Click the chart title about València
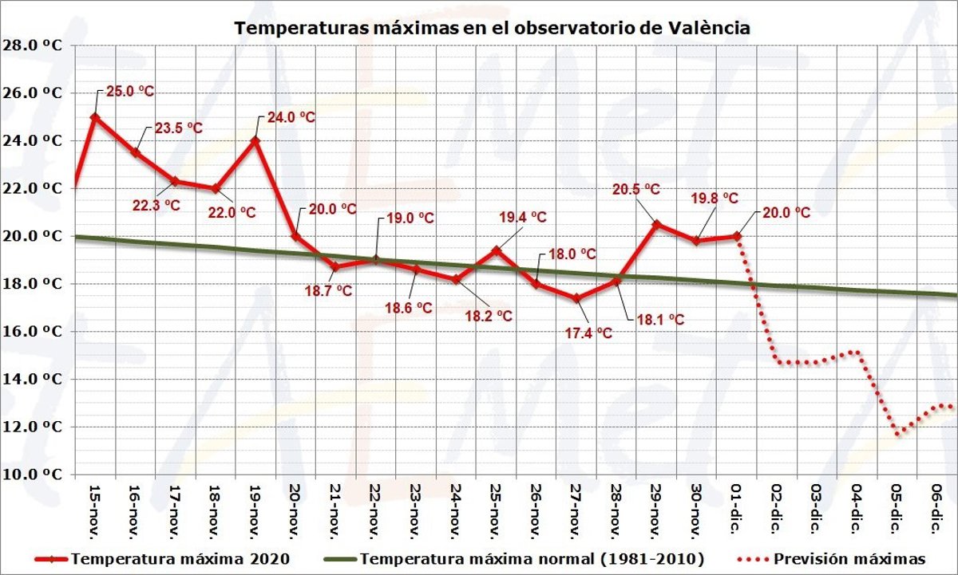tap(492, 27)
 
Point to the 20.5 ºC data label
tap(635, 189)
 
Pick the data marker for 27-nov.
tap(576, 298)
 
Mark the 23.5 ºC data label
tap(178, 128)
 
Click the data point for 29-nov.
tap(656, 224)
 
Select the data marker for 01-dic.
tap(737, 236)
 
